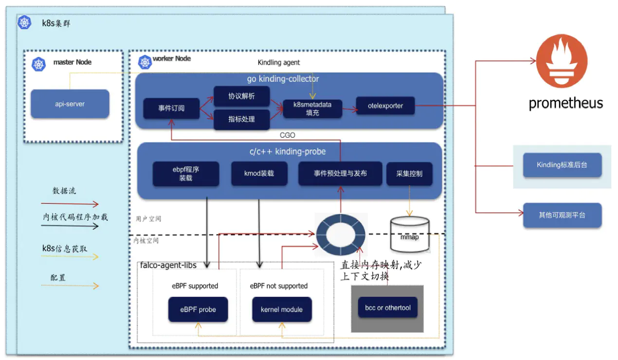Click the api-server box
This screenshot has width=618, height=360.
pyautogui.click(x=70, y=104)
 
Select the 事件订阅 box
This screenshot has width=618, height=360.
pyautogui.click(x=171, y=108)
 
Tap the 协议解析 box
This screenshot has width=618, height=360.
pyautogui.click(x=241, y=96)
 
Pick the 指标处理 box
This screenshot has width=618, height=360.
pyautogui.click(x=241, y=119)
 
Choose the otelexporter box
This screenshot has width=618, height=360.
pyautogui.click(x=385, y=106)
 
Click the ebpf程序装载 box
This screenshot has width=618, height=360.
pyautogui.click(x=185, y=174)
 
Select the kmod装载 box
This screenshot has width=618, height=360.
pyautogui.click(x=259, y=173)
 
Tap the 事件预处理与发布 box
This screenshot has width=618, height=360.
pyautogui.click(x=340, y=174)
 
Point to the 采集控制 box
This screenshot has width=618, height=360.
pyautogui.click(x=409, y=174)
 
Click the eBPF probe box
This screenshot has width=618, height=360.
pyautogui.click(x=198, y=309)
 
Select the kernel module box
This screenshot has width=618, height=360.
pyautogui.click(x=281, y=309)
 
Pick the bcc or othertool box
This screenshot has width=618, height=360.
pyautogui.click(x=387, y=307)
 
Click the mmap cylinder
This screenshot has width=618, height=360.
pyautogui.click(x=410, y=235)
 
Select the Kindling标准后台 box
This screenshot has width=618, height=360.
pyautogui.click(x=562, y=165)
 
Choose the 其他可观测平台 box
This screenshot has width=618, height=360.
pyautogui.click(x=562, y=215)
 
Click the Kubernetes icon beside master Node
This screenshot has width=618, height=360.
pyautogui.click(x=38, y=64)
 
